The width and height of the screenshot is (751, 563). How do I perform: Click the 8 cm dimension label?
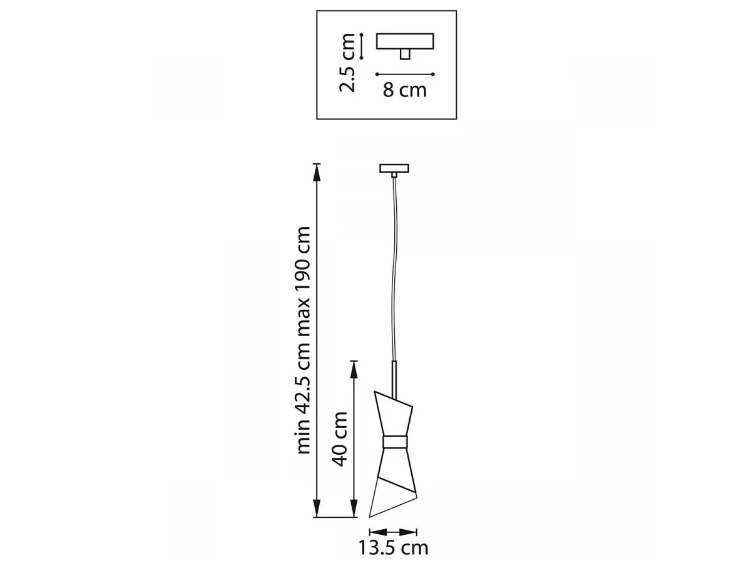tap(404, 90)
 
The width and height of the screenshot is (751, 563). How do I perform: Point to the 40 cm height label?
tap(340, 439)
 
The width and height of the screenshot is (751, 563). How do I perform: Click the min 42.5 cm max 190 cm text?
tap(304, 340)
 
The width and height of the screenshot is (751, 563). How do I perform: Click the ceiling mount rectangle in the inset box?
tap(405, 41)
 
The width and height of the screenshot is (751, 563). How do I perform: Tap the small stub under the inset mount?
tap(405, 54)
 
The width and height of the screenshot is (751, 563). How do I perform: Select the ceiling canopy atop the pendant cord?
tap(394, 168)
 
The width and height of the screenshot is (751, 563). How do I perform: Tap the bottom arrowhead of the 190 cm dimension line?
tap(317, 517)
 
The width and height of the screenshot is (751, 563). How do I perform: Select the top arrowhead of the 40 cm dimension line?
tap(354, 370)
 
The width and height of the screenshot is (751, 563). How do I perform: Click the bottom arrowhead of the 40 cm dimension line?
tap(354, 517)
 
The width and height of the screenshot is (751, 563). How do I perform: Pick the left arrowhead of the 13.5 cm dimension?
tap(378, 532)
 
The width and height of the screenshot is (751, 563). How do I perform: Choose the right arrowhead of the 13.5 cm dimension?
tap(408, 532)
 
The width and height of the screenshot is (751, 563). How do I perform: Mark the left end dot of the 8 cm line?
tap(377, 74)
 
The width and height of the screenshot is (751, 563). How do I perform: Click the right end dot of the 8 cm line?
tap(433, 74)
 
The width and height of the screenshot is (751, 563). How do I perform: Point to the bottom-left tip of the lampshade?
tap(369, 526)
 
